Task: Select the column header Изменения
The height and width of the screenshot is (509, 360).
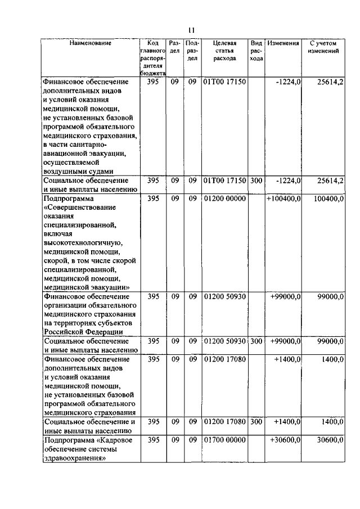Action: tap(283, 43)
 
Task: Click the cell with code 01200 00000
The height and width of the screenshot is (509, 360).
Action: tap(224, 199)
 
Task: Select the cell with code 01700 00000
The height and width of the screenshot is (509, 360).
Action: tap(224, 440)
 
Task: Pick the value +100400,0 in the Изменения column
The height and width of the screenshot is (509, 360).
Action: tap(284, 199)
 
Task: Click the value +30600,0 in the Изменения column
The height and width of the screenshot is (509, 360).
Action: tap(286, 440)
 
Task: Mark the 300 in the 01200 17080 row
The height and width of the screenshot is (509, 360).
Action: tap(256, 421)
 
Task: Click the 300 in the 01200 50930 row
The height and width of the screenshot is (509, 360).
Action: tap(256, 341)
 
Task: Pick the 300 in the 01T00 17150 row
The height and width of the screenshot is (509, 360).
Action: tap(256, 181)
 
